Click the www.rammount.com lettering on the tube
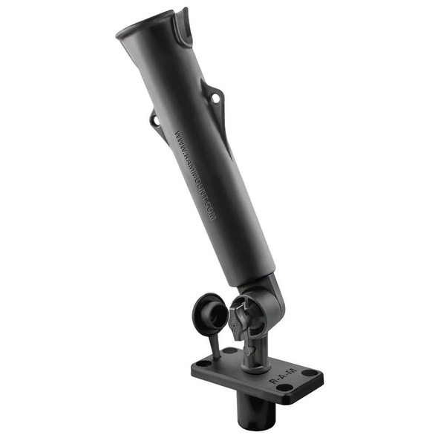(x=195, y=174)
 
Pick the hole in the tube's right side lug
(x=215, y=97)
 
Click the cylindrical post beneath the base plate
(x=257, y=413)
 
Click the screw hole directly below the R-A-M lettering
(x=285, y=388)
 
